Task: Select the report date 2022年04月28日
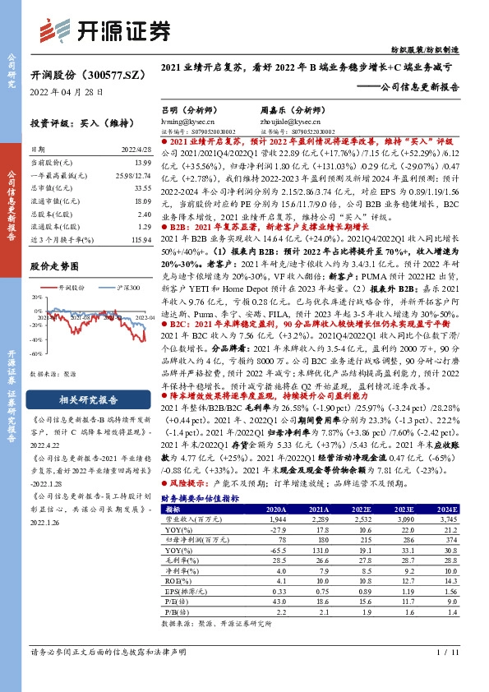pyautogui.click(x=67, y=92)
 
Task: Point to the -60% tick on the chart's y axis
pyautogui.click(x=37, y=353)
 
